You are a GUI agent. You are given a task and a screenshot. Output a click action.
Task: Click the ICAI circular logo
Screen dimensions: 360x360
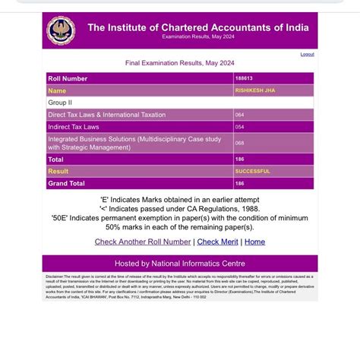[x=61, y=30]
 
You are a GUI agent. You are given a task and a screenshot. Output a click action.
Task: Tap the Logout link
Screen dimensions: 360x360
[x=307, y=54]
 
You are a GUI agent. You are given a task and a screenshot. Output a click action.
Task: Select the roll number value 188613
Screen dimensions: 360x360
[x=243, y=78]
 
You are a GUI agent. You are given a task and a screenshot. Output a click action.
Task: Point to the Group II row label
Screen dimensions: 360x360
[x=60, y=103]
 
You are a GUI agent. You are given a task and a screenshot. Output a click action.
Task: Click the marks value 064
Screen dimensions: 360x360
[x=239, y=115]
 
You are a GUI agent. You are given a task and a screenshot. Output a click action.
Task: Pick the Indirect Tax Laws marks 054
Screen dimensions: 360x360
[x=239, y=127]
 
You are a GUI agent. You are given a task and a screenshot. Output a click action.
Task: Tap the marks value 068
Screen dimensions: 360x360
[x=239, y=143]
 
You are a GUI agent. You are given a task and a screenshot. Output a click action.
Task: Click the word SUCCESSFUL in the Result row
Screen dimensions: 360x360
[x=252, y=172]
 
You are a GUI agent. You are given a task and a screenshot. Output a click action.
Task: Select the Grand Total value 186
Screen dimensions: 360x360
[x=239, y=184]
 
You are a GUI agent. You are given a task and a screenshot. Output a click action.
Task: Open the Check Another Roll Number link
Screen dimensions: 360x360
[x=143, y=242]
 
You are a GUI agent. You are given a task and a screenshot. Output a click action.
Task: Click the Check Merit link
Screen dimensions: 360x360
[x=217, y=242]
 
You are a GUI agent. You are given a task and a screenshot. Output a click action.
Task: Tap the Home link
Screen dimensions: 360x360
[x=254, y=242]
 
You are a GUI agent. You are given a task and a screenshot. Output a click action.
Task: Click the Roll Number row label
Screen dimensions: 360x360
[x=68, y=78]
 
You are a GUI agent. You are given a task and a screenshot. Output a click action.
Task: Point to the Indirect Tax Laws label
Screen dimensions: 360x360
[x=73, y=127]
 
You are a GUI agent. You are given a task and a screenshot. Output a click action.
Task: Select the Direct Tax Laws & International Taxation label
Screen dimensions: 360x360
[x=106, y=115]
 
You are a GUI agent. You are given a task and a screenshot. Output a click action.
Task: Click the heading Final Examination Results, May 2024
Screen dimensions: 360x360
[x=179, y=63]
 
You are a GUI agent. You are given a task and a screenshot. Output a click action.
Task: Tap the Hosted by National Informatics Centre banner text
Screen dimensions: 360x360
[x=179, y=264]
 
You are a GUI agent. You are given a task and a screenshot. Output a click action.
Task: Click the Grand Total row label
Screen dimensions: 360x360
[x=67, y=184]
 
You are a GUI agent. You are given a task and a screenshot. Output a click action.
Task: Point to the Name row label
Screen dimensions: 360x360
[x=57, y=90]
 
